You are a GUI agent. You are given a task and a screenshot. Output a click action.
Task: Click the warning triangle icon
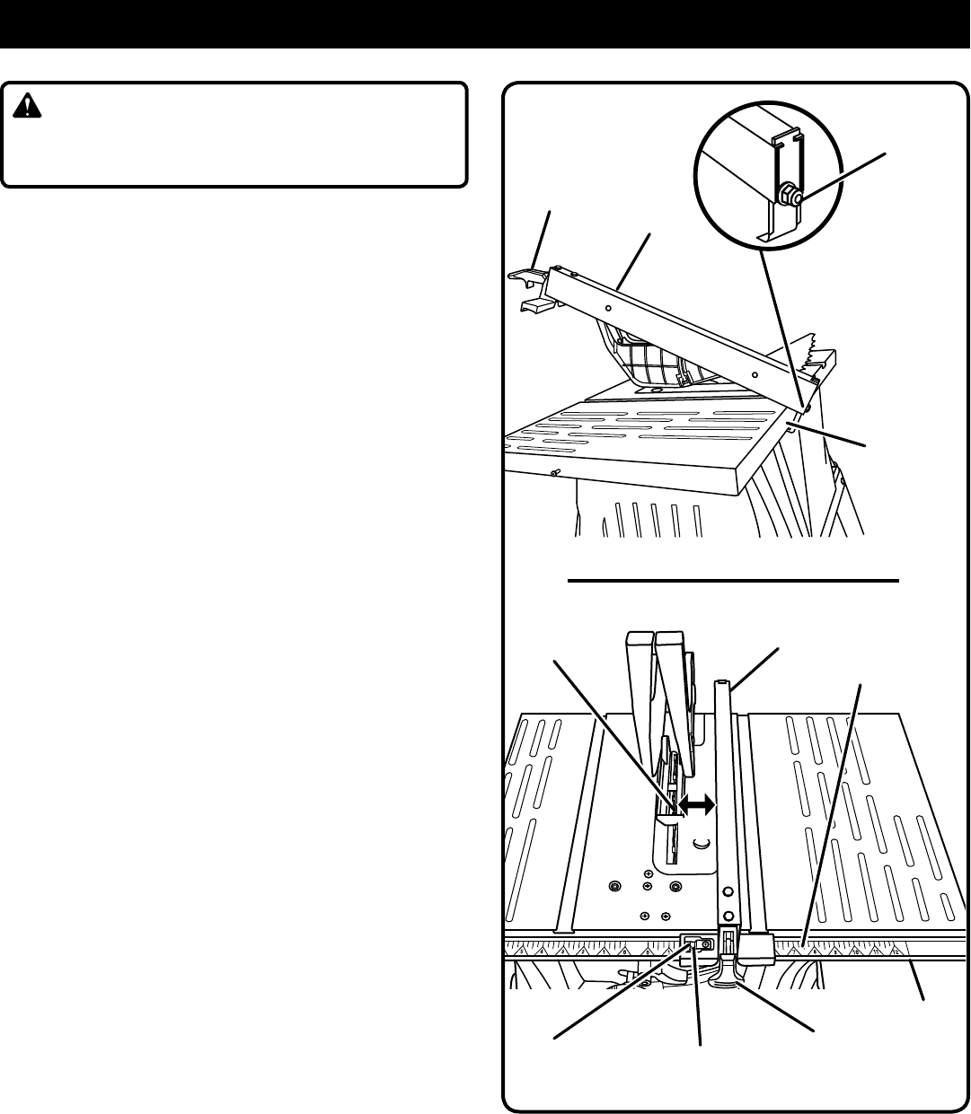(x=31, y=108)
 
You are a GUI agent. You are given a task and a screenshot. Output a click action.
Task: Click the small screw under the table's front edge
(x=556, y=474)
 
